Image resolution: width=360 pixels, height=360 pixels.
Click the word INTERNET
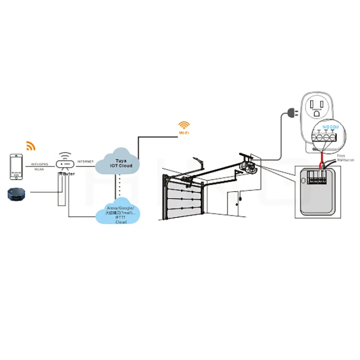point(85,161)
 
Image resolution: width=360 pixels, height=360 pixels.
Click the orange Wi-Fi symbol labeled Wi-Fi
point(184,126)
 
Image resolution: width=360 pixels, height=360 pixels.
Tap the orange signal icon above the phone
point(31,146)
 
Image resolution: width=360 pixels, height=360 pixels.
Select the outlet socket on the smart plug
point(319,107)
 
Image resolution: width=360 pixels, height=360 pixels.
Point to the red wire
point(321,158)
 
